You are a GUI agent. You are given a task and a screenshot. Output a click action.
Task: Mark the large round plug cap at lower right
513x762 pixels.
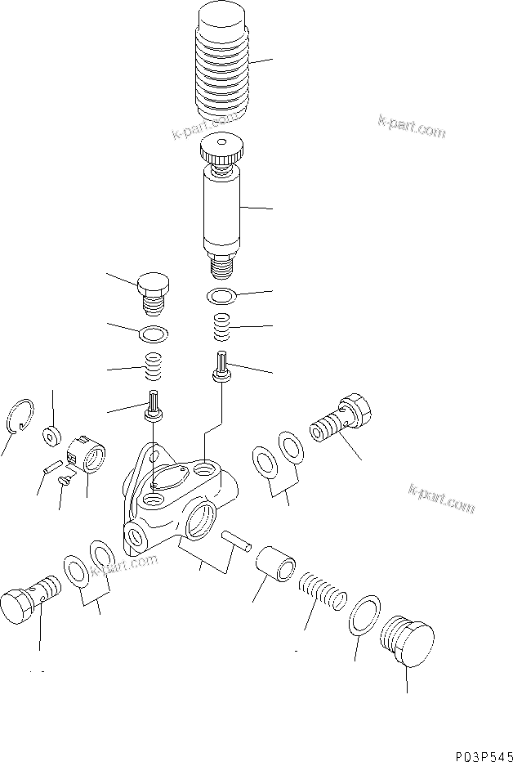[x=407, y=642]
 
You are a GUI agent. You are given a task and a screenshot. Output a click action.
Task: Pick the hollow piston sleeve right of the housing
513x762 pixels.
[x=274, y=565]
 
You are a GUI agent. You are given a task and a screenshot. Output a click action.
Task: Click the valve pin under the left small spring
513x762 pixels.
[x=153, y=406]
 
